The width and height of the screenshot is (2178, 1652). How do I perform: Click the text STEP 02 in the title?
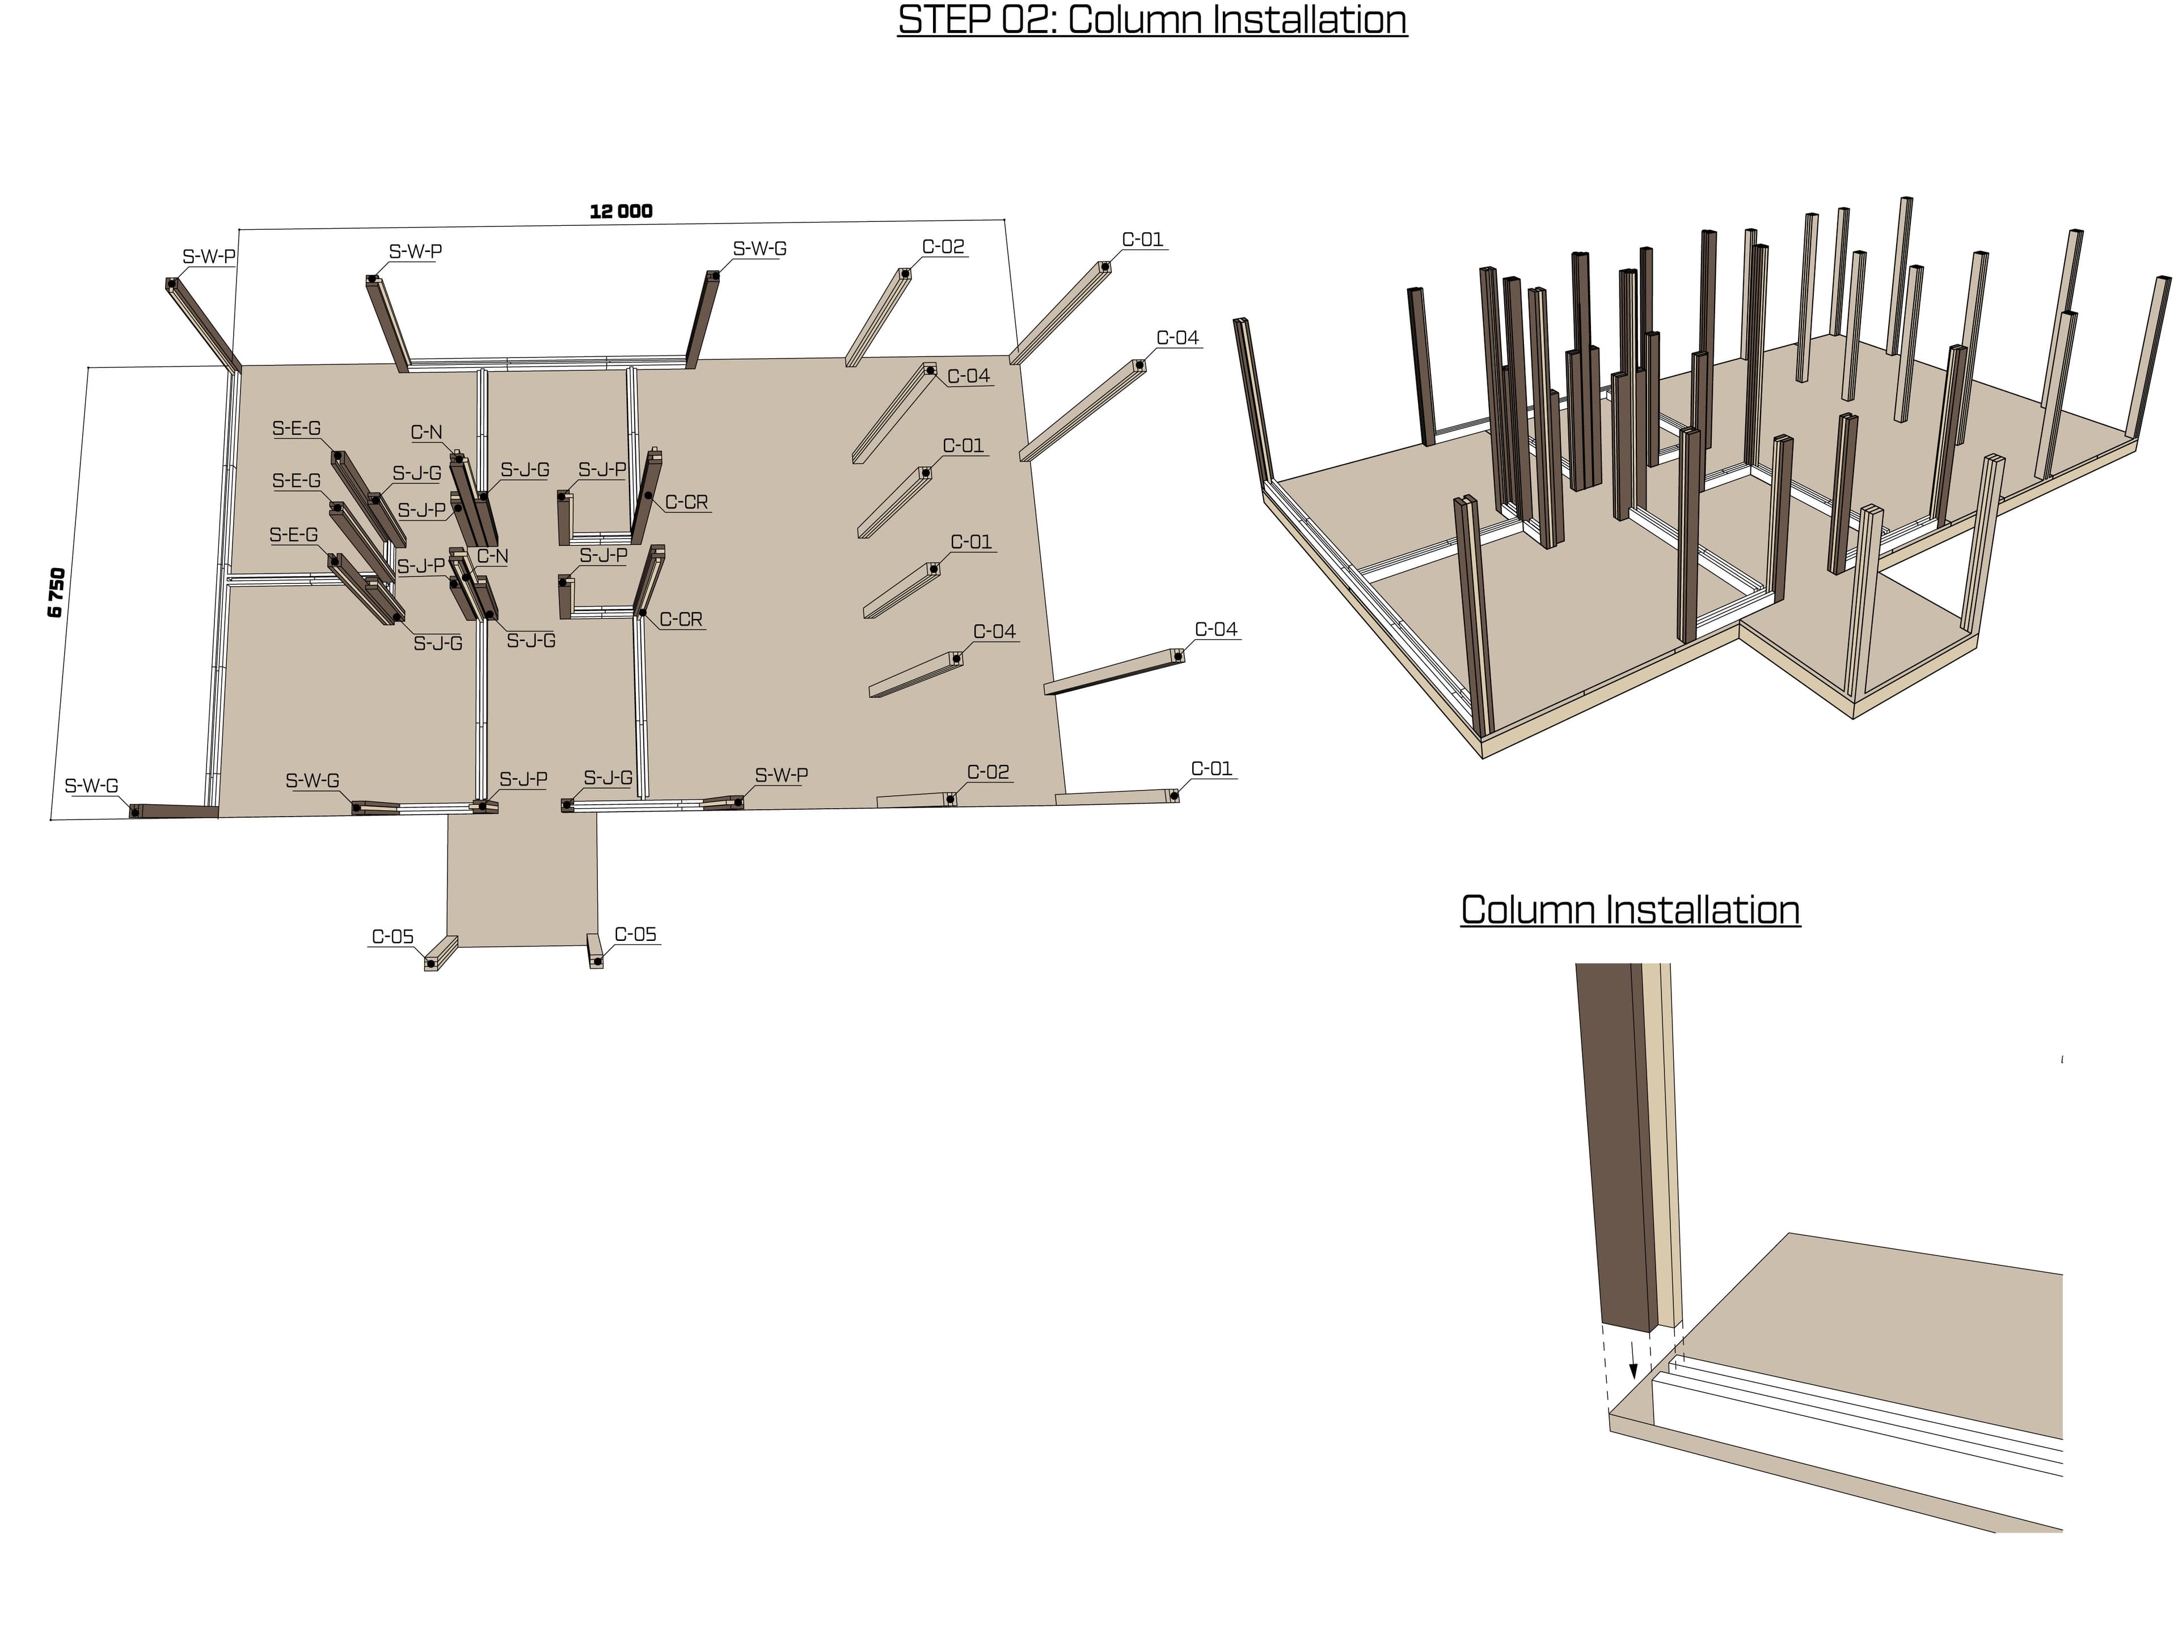(x=975, y=20)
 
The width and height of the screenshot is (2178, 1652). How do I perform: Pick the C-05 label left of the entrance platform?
(x=392, y=937)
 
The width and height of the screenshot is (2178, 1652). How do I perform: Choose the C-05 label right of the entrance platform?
(x=635, y=935)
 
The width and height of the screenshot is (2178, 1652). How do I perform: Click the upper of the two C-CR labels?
(x=686, y=502)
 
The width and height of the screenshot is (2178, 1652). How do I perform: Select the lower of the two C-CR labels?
(x=681, y=620)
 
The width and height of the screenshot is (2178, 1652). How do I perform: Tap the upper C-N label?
(x=427, y=432)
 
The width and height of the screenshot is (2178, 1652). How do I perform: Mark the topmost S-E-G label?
(x=297, y=428)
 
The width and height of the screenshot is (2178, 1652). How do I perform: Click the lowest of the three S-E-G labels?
(x=293, y=535)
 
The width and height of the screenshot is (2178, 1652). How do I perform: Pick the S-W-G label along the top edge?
(x=759, y=249)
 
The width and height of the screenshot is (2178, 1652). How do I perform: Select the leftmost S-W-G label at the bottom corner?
(x=91, y=786)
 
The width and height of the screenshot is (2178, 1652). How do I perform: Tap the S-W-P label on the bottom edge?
(x=781, y=775)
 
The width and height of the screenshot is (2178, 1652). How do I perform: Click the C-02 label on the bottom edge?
(x=987, y=772)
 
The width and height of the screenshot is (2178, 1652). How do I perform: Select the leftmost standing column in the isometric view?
(x=1255, y=404)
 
